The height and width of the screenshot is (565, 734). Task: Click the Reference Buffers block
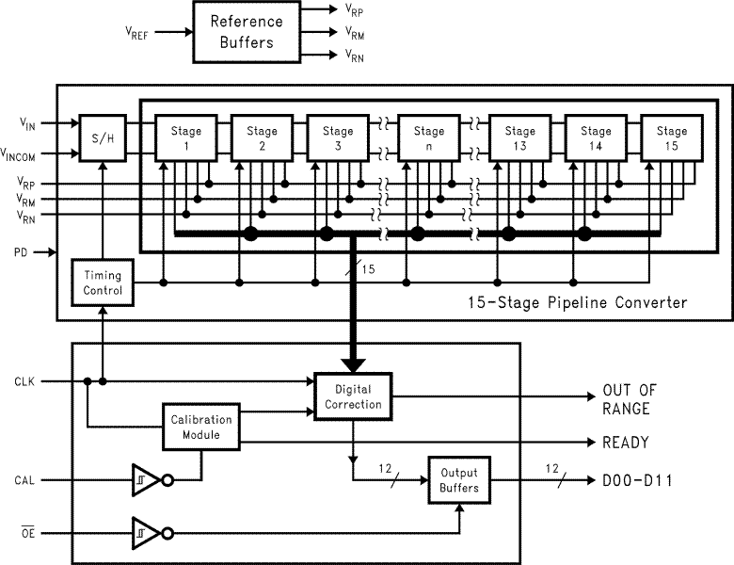(x=240, y=31)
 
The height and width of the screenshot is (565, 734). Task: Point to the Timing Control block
(x=103, y=283)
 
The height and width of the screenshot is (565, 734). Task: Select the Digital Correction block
(x=353, y=397)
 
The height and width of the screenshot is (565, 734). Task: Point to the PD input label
(x=21, y=252)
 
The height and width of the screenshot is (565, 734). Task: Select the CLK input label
(x=25, y=381)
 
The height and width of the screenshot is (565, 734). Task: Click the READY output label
(x=624, y=442)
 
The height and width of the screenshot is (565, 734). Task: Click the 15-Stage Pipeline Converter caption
(x=577, y=302)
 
